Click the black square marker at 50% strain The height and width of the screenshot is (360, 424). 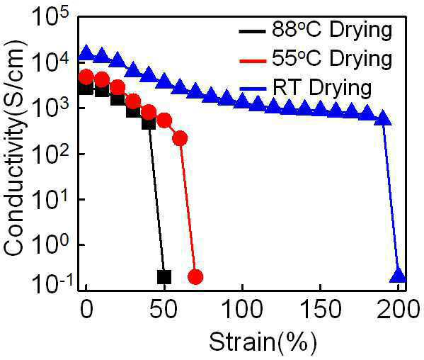click(164, 277)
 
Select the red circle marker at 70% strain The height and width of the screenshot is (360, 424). click(195, 277)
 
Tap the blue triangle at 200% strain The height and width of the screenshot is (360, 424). click(399, 275)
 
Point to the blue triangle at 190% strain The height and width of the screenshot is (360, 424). click(383, 118)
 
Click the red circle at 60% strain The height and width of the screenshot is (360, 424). click(180, 138)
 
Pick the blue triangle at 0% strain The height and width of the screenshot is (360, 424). click(86, 52)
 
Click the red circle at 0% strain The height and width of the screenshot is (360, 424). click(86, 77)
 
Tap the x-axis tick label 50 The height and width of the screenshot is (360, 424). click(164, 309)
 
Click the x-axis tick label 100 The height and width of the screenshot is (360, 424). click(242, 309)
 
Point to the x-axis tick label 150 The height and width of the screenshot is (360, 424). click(321, 309)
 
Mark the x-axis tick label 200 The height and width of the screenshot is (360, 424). click(398, 309)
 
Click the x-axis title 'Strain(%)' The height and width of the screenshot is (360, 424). click(263, 342)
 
